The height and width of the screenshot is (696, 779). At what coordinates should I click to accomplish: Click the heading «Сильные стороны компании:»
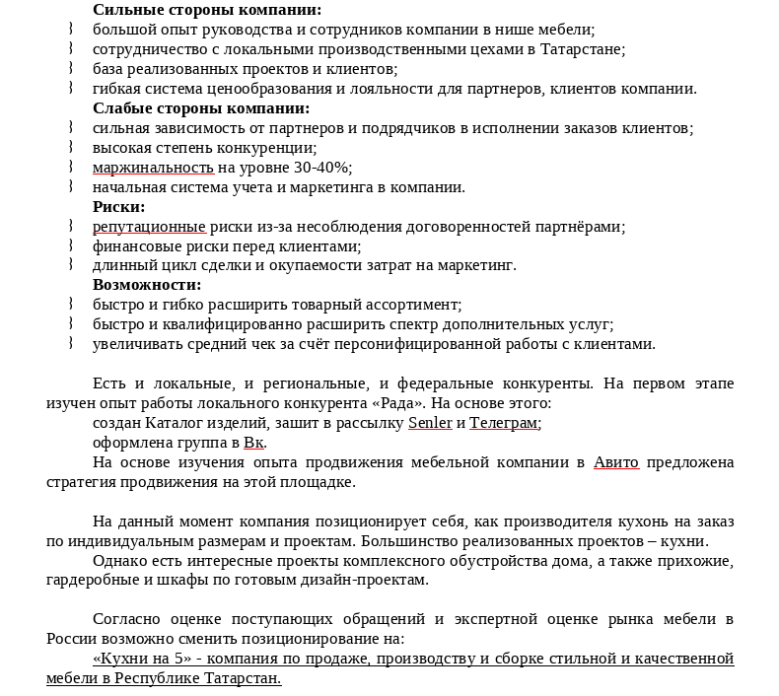[x=207, y=10]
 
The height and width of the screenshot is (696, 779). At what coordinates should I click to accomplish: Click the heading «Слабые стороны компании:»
[x=201, y=108]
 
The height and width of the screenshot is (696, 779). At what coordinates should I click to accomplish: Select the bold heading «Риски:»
[x=119, y=207]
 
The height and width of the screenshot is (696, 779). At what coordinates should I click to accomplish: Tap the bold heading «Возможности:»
[x=147, y=285]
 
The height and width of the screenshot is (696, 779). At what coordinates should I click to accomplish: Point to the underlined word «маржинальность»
[x=153, y=168]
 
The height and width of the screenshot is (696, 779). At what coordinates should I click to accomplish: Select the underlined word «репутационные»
[x=149, y=227]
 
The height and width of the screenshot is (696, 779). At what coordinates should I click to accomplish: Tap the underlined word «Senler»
[x=430, y=423]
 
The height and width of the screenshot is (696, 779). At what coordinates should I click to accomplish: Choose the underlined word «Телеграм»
[x=503, y=423]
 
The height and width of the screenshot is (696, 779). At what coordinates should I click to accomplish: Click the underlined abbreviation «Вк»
[x=253, y=443]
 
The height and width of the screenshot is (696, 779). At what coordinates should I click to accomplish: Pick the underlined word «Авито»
[x=615, y=462]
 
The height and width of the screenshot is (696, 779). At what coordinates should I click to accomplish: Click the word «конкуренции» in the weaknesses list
[x=272, y=148]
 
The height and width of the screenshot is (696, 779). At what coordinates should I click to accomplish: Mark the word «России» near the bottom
[x=71, y=639]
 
